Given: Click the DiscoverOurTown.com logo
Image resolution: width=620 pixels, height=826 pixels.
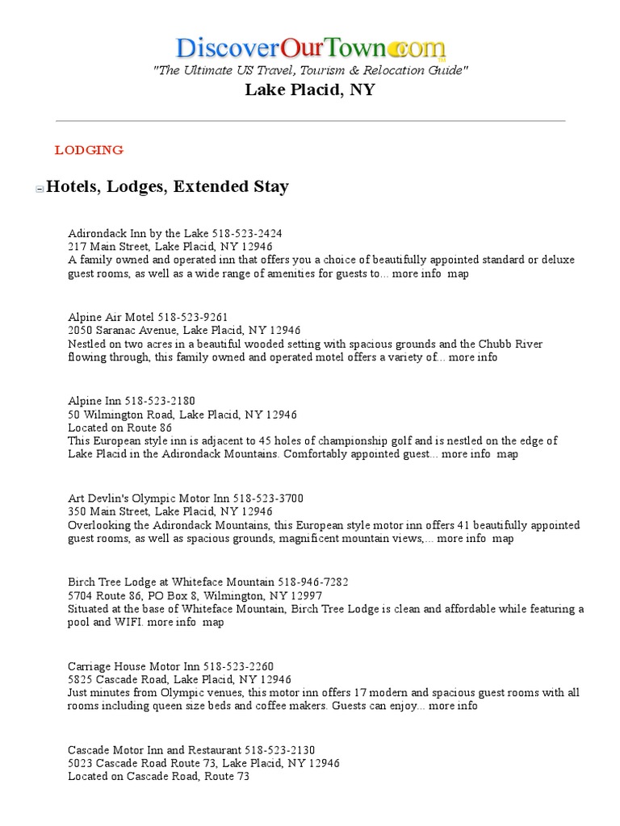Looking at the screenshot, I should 309,47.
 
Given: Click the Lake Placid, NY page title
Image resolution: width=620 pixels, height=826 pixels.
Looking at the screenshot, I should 310,90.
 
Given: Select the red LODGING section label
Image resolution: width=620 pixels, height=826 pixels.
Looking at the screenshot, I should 89,150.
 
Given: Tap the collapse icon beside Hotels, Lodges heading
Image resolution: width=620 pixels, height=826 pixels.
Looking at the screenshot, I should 39,189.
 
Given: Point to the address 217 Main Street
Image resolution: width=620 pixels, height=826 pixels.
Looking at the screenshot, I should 170,246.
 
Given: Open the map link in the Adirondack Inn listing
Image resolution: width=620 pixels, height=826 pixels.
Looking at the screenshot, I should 459,273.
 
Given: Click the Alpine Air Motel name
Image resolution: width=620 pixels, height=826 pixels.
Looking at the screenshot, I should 111,317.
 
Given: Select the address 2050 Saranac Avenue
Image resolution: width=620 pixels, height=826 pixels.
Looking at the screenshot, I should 184,330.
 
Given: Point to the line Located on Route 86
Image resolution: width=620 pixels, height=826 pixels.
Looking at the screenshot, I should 120,428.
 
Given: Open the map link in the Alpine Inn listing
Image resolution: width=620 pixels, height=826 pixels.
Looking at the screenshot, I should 508,454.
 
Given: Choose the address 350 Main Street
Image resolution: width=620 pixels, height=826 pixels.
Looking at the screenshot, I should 170,511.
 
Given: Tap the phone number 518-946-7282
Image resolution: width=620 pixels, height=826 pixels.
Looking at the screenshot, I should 314,582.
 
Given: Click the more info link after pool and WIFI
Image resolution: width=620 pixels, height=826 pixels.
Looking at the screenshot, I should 172,622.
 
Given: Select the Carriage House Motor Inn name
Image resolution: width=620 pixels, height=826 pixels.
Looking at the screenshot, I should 134,666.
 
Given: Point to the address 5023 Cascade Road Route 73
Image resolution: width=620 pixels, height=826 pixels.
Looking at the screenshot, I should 204,763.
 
